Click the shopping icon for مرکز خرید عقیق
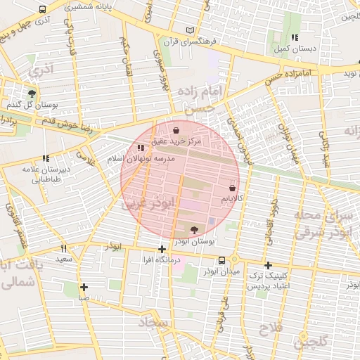pos(176,130)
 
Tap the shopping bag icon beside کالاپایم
pos(232,188)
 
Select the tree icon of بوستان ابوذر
pos(194,229)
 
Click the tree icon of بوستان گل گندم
pos(32,93)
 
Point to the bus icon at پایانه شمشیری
pos(44,10)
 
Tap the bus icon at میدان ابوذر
pos(222,260)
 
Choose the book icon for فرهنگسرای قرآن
pos(189,30)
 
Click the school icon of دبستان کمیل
pos(295,37)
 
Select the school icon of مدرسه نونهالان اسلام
pos(141,148)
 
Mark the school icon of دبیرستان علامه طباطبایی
pos(46,159)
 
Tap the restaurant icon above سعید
pos(64,248)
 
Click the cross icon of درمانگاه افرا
pos(162,249)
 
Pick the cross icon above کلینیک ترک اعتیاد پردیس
pos(268,265)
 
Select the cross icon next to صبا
pos(84,287)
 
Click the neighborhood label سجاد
pos(154,323)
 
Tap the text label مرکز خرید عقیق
pos(177,141)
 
